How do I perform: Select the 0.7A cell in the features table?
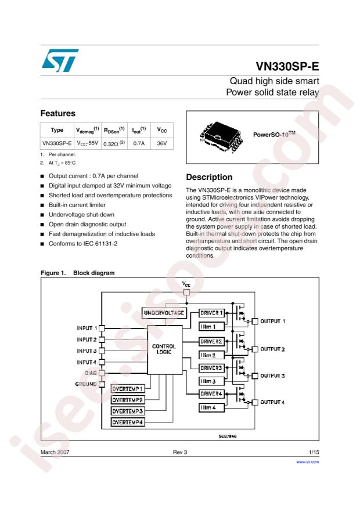[140, 143]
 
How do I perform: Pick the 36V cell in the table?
[162, 143]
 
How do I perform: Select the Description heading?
[209, 177]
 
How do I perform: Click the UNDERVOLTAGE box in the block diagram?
[164, 313]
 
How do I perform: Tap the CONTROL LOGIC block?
[164, 349]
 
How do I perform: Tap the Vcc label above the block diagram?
[186, 284]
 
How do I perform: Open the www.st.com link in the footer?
[308, 462]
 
